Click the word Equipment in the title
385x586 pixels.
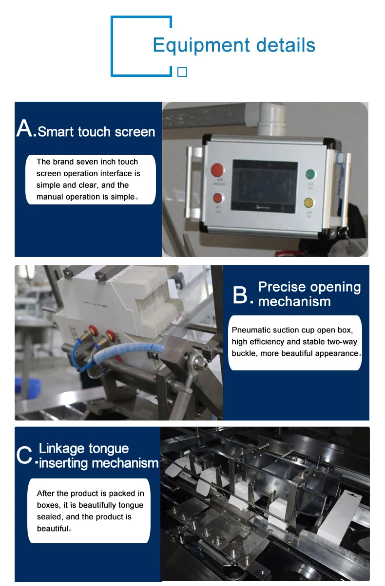[x=201, y=46]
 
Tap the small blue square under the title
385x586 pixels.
[x=182, y=72]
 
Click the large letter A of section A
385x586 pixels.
[x=25, y=128]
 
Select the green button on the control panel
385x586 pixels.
[x=310, y=174]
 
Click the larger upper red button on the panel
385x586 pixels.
[x=217, y=170]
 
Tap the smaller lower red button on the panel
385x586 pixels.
[x=217, y=198]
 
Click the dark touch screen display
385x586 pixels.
[x=264, y=186]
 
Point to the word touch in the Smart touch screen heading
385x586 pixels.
[x=94, y=131]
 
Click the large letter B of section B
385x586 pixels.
[x=240, y=295]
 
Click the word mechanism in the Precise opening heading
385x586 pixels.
[x=294, y=301]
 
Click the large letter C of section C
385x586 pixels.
[x=24, y=455]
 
